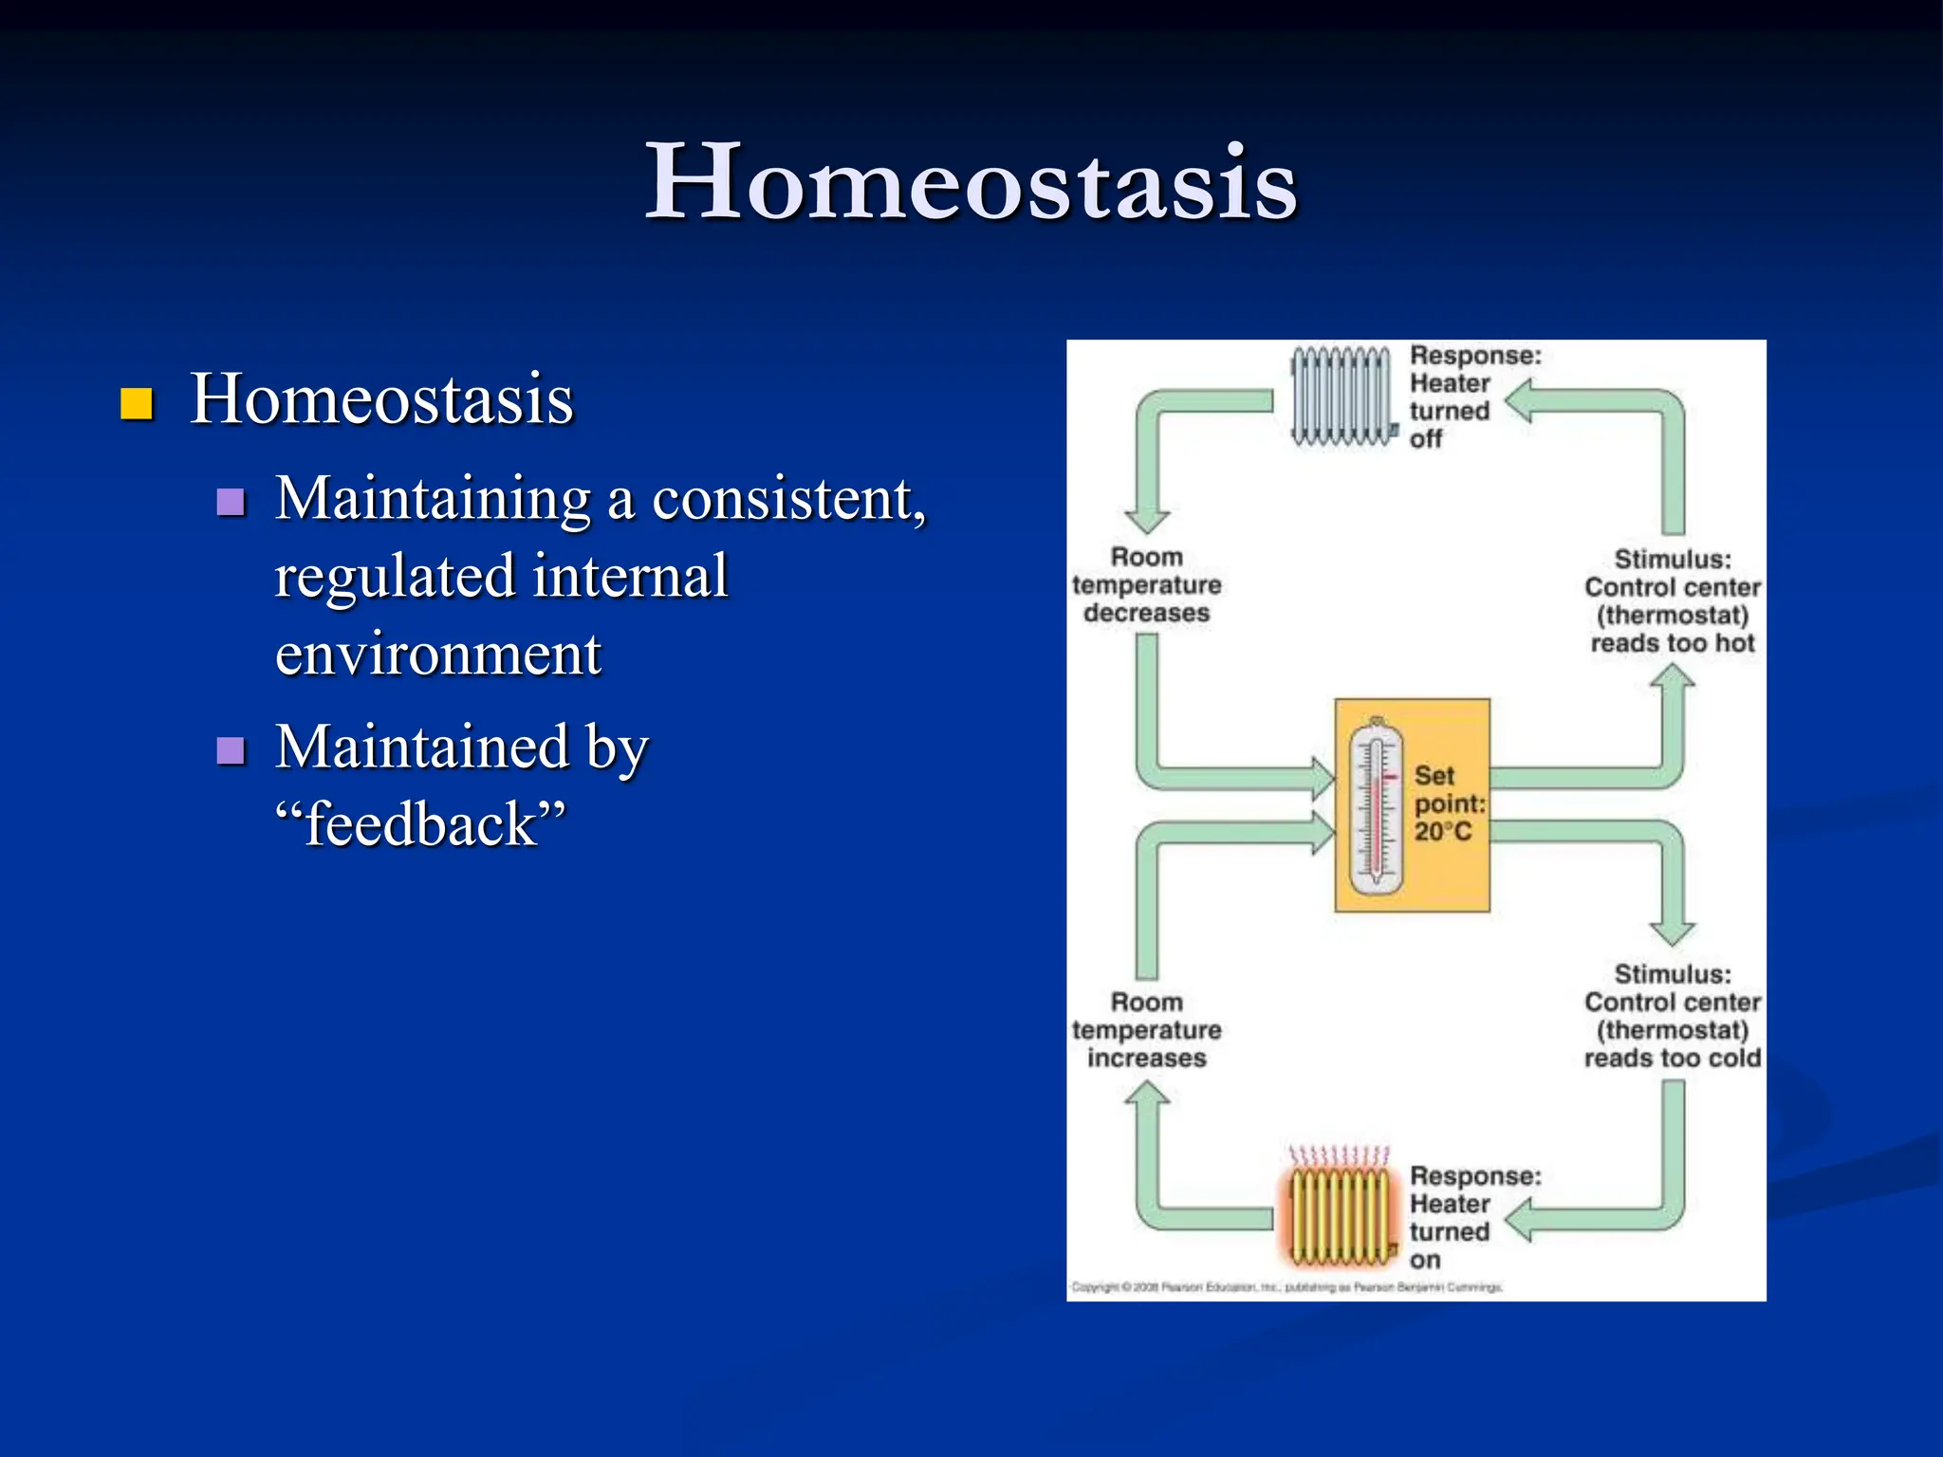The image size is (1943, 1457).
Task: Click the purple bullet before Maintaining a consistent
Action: click(x=231, y=501)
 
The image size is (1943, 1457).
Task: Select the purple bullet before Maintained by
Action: click(x=231, y=750)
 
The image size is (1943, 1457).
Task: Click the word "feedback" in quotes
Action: click(x=420, y=823)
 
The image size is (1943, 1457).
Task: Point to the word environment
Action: click(x=437, y=655)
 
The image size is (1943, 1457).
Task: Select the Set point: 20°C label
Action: click(x=1448, y=803)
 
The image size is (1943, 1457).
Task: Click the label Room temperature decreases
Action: click(x=1146, y=585)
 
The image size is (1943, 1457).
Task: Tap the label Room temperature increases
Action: click(x=1146, y=1030)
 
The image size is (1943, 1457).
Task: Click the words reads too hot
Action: click(x=1672, y=643)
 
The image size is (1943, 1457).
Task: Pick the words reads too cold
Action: click(x=1672, y=1058)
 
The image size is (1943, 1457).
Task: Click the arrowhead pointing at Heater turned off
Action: click(x=1519, y=401)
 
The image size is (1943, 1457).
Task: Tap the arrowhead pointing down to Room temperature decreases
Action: click(x=1147, y=520)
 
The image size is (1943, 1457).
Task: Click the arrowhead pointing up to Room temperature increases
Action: click(x=1147, y=1096)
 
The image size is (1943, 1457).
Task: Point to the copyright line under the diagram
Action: click(x=1286, y=1287)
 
